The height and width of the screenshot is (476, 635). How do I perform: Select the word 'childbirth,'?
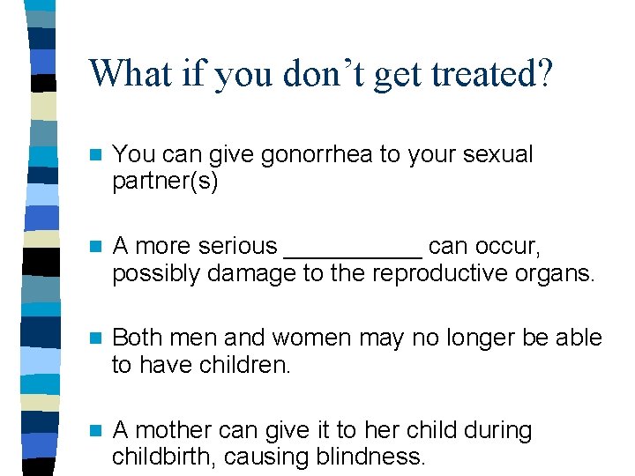click(x=164, y=457)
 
